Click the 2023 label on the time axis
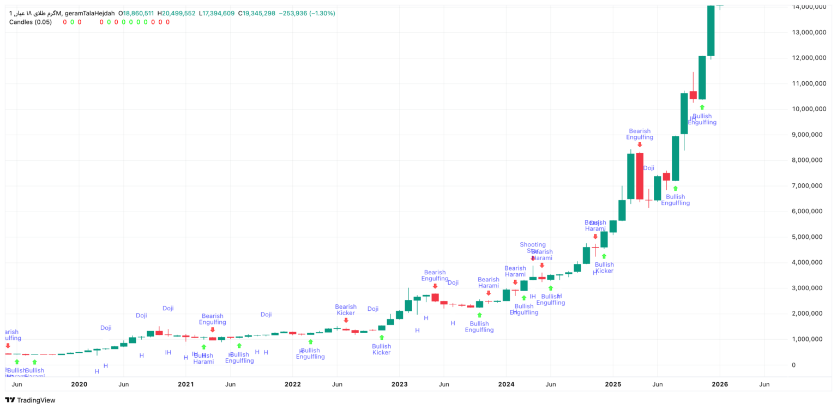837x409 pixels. (399, 384)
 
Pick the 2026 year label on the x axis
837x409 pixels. (720, 384)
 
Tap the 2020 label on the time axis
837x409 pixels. (79, 384)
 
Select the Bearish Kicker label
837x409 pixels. (346, 310)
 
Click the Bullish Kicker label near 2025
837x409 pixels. (604, 268)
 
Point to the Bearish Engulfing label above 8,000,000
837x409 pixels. (640, 134)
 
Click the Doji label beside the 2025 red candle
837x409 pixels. (648, 168)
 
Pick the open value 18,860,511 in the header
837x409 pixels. (139, 13)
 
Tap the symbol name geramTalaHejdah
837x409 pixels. (90, 13)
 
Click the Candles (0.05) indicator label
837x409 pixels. (31, 22)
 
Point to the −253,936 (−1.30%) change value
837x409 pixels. (307, 13)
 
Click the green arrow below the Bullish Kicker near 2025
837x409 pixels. (604, 256)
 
